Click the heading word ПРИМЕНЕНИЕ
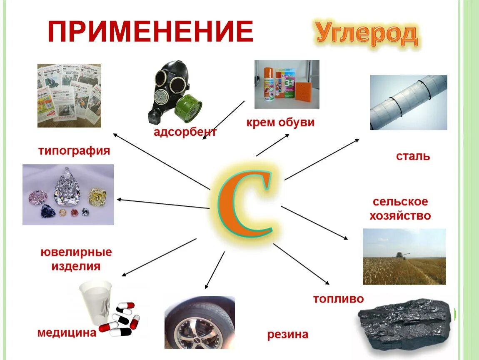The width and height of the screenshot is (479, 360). (150, 31)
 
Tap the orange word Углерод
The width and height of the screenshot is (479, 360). (367, 34)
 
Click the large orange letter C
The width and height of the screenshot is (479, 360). (246, 200)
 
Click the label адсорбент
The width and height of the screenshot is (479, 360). (185, 132)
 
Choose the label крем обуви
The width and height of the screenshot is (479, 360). (280, 123)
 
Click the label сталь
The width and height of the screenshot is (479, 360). (412, 157)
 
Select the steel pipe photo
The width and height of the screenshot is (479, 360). (408, 102)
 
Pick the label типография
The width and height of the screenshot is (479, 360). (75, 150)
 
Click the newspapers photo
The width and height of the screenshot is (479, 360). (69, 95)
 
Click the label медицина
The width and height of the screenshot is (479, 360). (67, 332)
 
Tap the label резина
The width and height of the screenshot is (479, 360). (288, 334)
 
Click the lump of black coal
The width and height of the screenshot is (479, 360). (404, 323)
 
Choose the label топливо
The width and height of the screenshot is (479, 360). (338, 299)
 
